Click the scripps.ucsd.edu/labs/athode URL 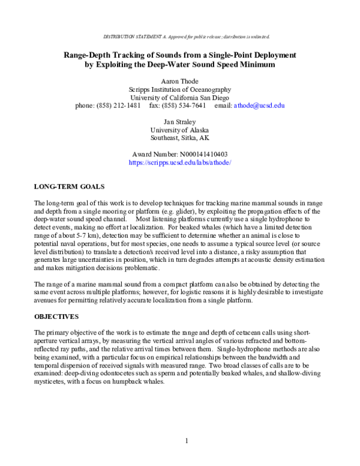click(180, 163)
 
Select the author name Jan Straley click(180, 121)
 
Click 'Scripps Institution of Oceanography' click(180, 88)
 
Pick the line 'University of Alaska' click(180, 129)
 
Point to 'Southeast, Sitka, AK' click(180, 138)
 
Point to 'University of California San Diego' click(180, 97)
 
